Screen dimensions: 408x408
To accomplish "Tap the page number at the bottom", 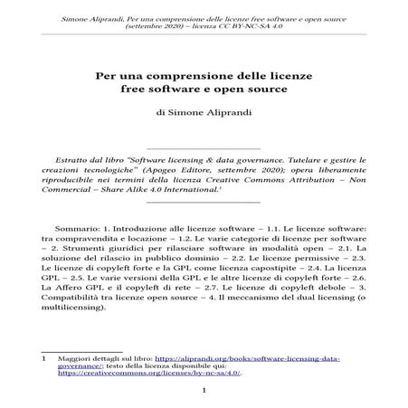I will (204, 391).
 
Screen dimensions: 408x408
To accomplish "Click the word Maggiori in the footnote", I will (71, 358).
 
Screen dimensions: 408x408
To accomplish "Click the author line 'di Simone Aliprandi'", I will (204, 113).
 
